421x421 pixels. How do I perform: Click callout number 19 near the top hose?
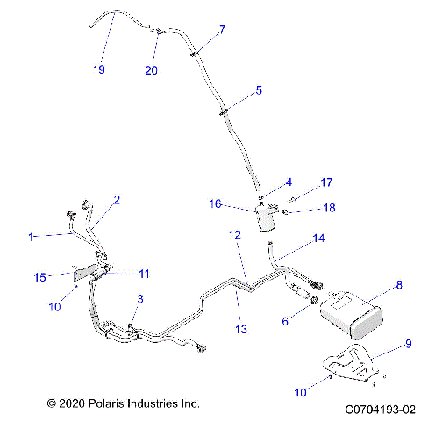[x=99, y=69]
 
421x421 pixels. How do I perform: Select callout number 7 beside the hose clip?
[x=222, y=30]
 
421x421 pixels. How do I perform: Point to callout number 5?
[x=259, y=89]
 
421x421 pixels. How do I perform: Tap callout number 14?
[x=318, y=238]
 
